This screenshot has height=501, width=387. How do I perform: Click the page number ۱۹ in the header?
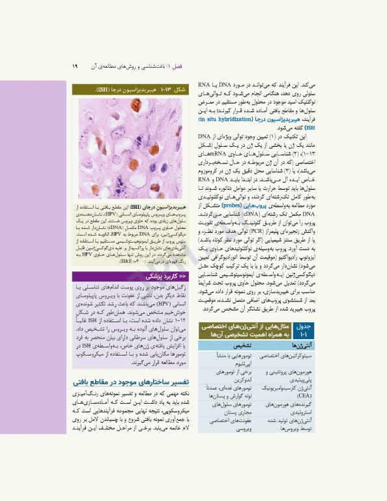point(75,66)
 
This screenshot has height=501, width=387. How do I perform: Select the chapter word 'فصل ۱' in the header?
point(191,66)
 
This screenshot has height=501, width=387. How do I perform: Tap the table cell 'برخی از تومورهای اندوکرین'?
point(229,374)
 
